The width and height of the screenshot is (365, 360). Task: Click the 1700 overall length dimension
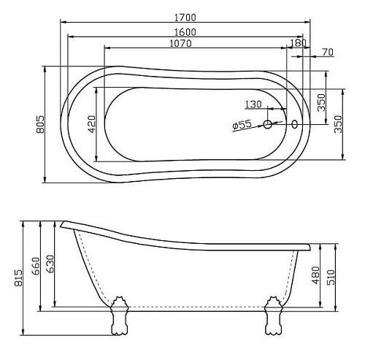click(x=185, y=18)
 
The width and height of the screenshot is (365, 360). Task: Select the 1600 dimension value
click(x=185, y=32)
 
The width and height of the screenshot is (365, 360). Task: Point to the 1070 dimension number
click(x=180, y=43)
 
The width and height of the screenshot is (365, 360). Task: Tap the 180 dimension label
click(x=299, y=43)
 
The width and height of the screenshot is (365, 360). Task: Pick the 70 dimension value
click(x=328, y=52)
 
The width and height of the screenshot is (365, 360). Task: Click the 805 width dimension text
click(x=40, y=124)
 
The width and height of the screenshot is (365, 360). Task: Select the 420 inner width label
click(x=91, y=124)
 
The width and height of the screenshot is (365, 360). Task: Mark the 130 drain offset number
click(x=253, y=104)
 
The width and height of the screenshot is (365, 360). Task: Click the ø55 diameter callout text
click(x=242, y=125)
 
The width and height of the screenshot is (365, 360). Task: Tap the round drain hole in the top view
click(x=267, y=124)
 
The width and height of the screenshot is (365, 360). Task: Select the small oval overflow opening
click(x=294, y=124)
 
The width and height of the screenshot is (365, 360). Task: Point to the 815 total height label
click(x=18, y=277)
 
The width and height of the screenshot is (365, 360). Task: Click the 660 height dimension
click(x=36, y=266)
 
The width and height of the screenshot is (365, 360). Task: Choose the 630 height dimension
click(x=50, y=264)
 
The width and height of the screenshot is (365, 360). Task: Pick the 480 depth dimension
click(x=316, y=275)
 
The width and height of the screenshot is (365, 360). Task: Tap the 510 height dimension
click(x=331, y=277)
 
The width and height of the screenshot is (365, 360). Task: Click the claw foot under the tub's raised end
click(x=120, y=315)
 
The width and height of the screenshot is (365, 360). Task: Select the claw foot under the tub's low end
click(x=273, y=315)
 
